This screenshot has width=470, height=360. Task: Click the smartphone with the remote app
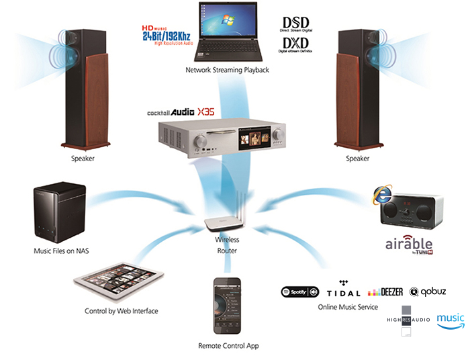[228, 306]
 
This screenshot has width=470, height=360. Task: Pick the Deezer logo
[386, 292]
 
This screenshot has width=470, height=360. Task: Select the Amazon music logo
[450, 320]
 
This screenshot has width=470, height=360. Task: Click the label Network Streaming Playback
[227, 69]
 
